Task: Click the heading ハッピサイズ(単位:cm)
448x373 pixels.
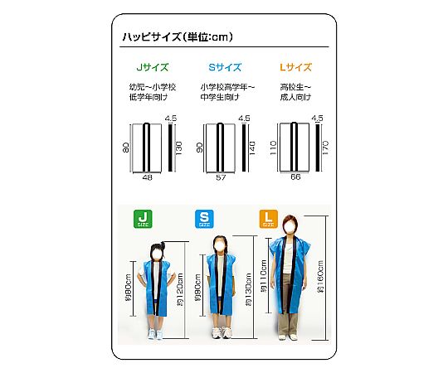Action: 178,36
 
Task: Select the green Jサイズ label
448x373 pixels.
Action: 153,67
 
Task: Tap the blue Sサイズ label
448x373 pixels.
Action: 225,67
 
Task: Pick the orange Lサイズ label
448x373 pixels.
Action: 295,67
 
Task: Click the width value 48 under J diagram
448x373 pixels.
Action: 147,177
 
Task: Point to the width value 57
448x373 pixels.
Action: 221,177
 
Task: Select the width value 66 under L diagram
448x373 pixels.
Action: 295,177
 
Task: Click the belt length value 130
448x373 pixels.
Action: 178,148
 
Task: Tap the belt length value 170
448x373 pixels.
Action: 325,148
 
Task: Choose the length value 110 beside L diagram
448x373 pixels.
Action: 273,148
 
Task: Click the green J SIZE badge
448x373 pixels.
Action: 143,219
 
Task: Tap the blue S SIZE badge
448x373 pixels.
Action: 204,219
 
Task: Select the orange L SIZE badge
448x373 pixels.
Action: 268,219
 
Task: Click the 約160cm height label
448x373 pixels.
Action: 320,277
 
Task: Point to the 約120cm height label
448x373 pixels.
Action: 180,289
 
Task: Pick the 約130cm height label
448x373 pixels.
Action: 248,289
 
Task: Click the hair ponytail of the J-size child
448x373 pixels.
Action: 163,245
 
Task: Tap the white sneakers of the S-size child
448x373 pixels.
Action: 222,332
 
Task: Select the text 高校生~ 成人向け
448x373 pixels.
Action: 295,92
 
